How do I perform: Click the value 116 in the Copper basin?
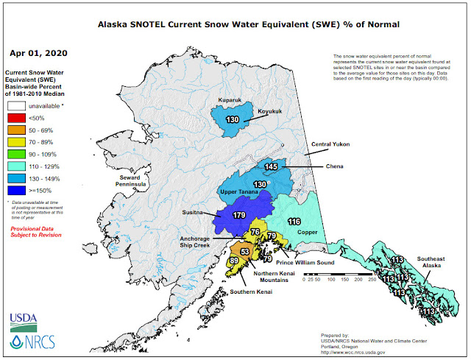[x=295, y=222]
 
